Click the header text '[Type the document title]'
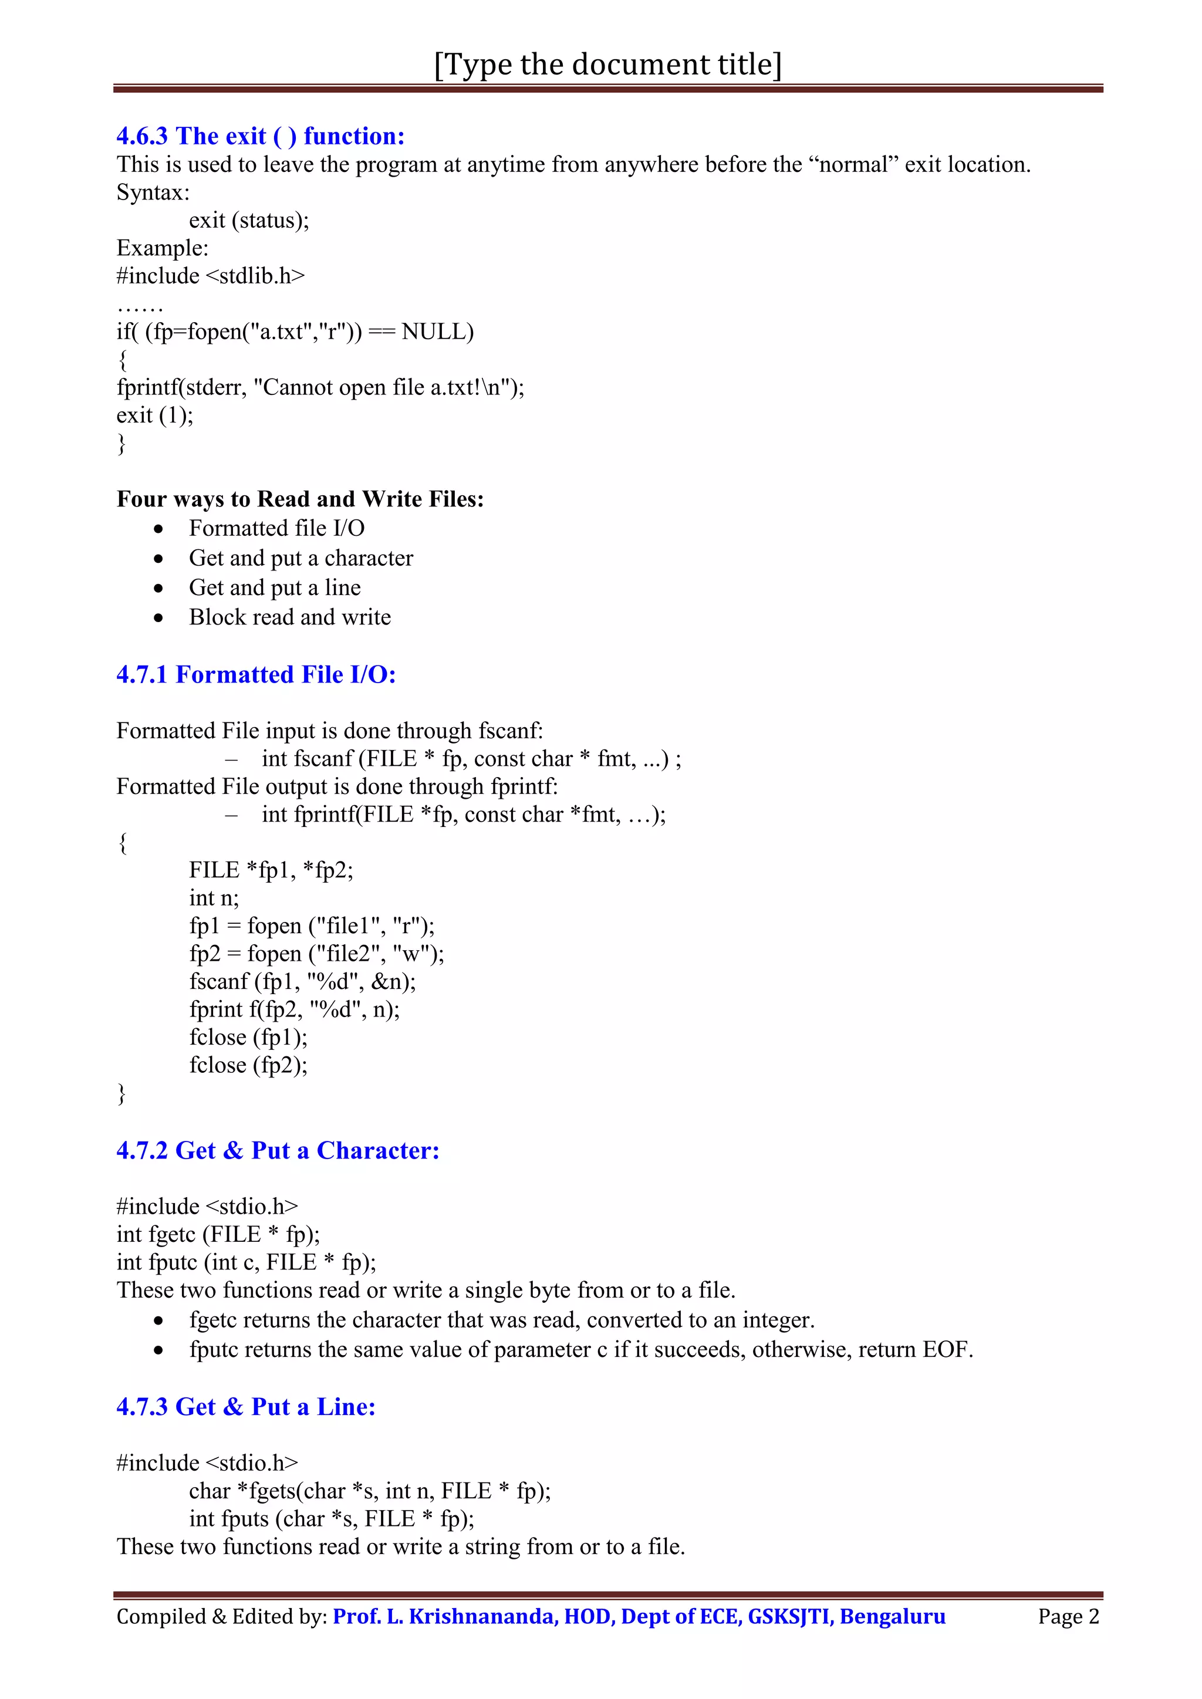[607, 65]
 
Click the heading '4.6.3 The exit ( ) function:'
[261, 136]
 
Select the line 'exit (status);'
[249, 221]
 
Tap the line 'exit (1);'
[155, 415]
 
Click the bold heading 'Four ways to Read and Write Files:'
[300, 499]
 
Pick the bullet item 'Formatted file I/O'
[276, 528]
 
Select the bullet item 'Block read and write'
[289, 617]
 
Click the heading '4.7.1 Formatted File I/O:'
[256, 674]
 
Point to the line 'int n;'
[214, 897]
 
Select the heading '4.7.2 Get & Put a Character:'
[278, 1151]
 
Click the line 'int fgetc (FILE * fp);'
[218, 1234]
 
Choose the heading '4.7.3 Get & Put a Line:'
[246, 1407]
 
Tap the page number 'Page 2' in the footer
[1068, 1616]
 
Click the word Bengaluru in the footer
[893, 1616]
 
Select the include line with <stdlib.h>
[210, 276]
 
